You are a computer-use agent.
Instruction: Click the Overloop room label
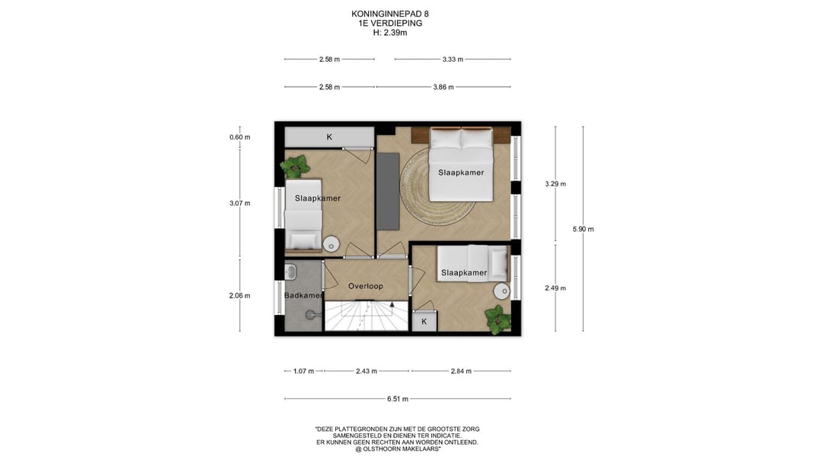coord(365,286)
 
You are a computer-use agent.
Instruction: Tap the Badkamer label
coord(303,295)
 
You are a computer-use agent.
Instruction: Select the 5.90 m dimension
coord(583,229)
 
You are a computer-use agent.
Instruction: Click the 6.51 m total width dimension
coord(397,399)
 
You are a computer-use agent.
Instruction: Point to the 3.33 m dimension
coord(453,59)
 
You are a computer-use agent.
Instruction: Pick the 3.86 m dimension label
coord(444,87)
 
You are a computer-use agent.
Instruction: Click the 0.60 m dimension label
coord(240,137)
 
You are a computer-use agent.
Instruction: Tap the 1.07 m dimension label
coord(303,371)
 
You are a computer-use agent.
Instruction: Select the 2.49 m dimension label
coord(556,288)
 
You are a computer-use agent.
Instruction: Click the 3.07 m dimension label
coord(240,204)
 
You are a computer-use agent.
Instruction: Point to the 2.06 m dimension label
coord(240,296)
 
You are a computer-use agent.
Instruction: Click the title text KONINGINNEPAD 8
coord(390,14)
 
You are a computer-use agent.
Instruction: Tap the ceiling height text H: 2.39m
coord(390,33)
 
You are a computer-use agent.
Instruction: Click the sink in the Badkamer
coord(290,272)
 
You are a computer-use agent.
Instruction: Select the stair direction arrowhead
coord(392,304)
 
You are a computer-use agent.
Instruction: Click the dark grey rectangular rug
coord(388,191)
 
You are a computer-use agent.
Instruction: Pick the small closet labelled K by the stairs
coord(424,321)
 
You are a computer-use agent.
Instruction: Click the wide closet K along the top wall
coord(329,137)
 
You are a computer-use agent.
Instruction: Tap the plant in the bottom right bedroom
coord(497,320)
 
